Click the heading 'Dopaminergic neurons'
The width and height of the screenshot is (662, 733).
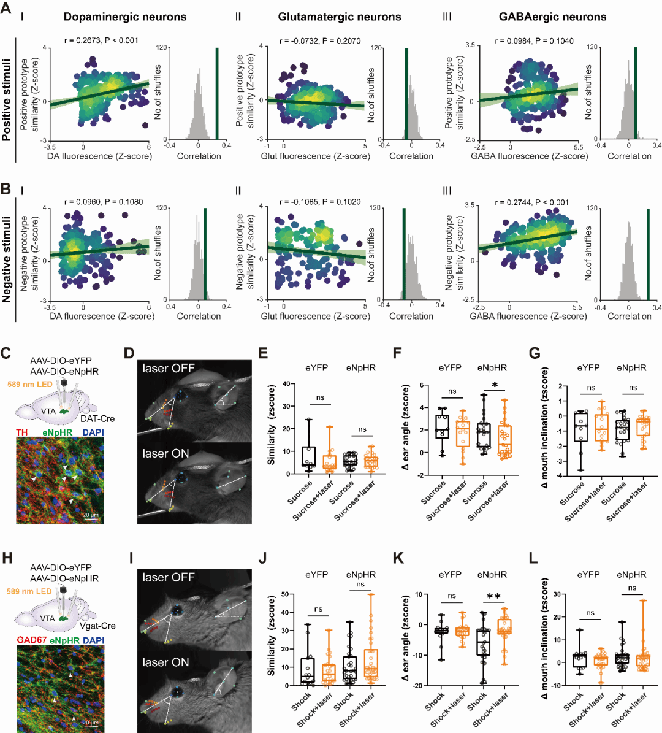[125, 17]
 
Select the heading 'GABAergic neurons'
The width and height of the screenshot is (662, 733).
[552, 17]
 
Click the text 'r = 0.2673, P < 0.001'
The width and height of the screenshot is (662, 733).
[101, 40]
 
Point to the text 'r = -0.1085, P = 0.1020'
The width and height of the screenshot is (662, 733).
[320, 202]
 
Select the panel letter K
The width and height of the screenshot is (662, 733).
[397, 560]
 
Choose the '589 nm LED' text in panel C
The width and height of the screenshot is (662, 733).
[29, 383]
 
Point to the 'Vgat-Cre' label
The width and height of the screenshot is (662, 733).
[97, 626]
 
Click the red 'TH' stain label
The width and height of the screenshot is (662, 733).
[22, 432]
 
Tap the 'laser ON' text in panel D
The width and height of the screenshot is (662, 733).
[165, 454]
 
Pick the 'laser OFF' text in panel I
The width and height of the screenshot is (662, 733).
[168, 577]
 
